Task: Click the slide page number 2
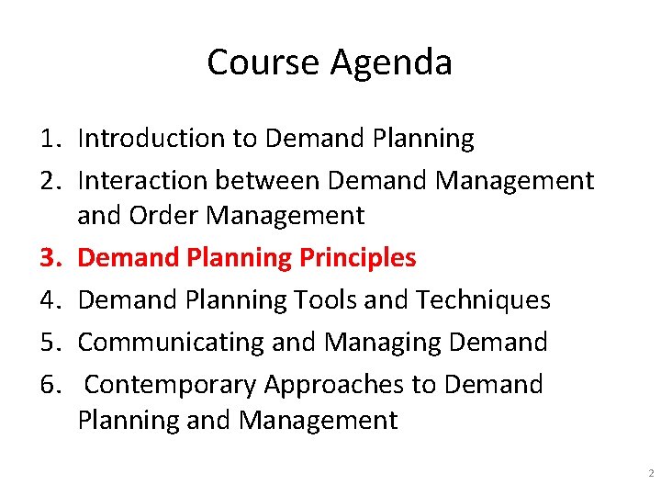[650, 474]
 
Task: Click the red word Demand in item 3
[129, 258]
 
